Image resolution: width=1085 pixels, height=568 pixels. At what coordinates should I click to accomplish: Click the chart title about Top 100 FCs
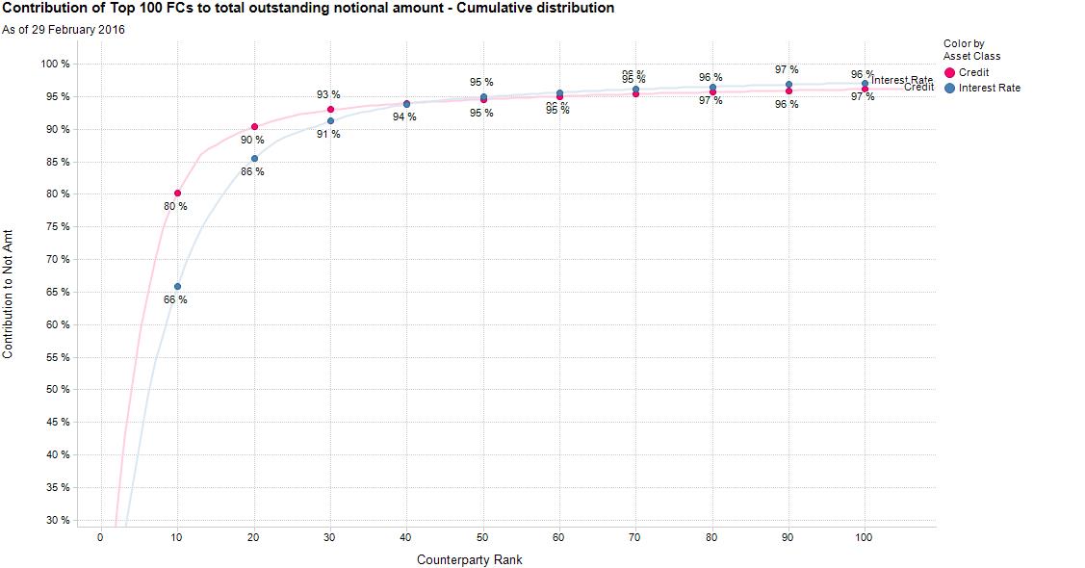coord(307,9)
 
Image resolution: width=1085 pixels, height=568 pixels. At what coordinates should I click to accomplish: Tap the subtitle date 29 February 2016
coord(64,29)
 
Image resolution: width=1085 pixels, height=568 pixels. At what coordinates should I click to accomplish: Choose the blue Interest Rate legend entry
coord(981,88)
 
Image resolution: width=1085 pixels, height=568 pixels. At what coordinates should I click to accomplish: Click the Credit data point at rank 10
coord(177,194)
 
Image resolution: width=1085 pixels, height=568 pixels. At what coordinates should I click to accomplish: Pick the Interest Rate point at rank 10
coord(177,287)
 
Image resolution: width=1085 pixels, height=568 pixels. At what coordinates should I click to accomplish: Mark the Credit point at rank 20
coord(254,127)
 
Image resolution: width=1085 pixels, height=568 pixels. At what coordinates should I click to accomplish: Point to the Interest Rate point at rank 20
coord(254,159)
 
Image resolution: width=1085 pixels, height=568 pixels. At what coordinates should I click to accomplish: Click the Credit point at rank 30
coord(330,110)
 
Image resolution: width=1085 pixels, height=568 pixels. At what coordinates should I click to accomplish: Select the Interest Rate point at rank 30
coord(330,121)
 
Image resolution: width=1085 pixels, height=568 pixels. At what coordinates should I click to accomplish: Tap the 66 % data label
coord(175,300)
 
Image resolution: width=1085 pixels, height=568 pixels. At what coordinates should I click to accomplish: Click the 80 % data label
coord(175,207)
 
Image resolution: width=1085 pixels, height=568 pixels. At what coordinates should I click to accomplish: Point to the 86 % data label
coord(252,172)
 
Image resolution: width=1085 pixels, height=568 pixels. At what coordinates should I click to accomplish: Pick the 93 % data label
coord(328,95)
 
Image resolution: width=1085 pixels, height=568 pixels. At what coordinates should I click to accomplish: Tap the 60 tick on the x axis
coord(559,538)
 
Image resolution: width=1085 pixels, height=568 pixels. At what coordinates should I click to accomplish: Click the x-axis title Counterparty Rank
coord(470,559)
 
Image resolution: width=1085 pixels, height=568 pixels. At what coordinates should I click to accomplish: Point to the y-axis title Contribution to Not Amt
coord(9,295)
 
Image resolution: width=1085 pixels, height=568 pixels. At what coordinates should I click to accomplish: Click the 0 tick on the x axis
coord(100,538)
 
